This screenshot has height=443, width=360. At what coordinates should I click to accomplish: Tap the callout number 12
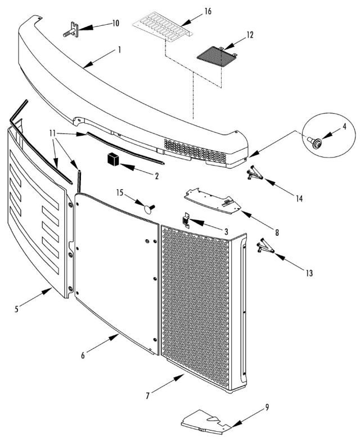[x=249, y=35]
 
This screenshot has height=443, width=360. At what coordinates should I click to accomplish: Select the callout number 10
[x=115, y=23]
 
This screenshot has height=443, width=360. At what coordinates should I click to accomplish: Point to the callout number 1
[x=119, y=50]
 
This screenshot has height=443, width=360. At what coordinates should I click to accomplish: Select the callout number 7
[x=148, y=396]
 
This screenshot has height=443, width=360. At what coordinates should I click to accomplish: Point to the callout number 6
[x=83, y=355]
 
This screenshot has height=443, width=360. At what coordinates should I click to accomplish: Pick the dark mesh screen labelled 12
[x=216, y=55]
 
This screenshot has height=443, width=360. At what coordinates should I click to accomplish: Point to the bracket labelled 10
[x=74, y=28]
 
